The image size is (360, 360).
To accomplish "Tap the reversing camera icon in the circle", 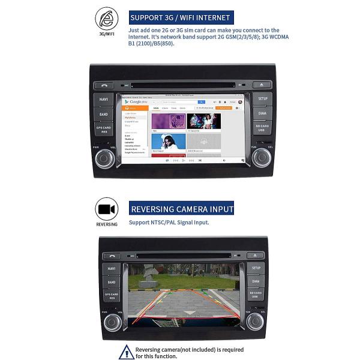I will click(107, 209).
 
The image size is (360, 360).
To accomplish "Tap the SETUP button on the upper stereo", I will click(262, 98).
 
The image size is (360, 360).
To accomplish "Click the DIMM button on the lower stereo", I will click(256, 281).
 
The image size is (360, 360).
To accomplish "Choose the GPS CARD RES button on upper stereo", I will click(104, 128).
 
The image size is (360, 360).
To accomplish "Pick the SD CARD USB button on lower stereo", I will click(256, 295).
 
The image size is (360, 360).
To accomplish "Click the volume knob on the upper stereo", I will click(104, 158).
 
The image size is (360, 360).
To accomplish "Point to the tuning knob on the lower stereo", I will click(255, 322).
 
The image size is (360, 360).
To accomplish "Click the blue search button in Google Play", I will click(202, 103).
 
